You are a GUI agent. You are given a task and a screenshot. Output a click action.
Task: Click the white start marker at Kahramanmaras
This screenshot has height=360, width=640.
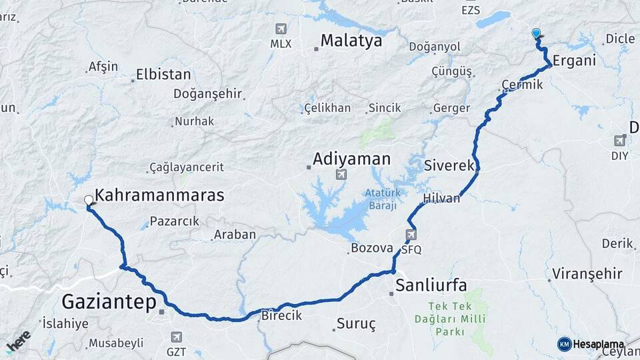pyautogui.click(x=89, y=199)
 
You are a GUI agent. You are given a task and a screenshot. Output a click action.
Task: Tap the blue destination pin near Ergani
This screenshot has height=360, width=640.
pyautogui.click(x=536, y=33)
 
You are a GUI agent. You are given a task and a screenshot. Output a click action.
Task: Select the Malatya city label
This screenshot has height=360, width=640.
pyautogui.click(x=351, y=41)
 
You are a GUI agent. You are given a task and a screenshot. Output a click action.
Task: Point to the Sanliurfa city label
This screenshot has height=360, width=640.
pyautogui.click(x=431, y=286)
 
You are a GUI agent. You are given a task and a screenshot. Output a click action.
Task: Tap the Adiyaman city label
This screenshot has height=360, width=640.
pyautogui.click(x=351, y=159)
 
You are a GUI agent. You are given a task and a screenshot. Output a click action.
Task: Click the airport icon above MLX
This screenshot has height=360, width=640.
pyautogui.click(x=281, y=29)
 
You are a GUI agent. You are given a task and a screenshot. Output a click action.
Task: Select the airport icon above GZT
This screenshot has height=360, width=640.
pyautogui.click(x=176, y=337)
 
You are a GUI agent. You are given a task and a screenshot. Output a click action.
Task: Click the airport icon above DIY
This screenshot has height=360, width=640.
pyautogui.click(x=620, y=140)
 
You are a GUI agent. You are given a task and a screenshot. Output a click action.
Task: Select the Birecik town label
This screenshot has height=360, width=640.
pyautogui.click(x=281, y=315)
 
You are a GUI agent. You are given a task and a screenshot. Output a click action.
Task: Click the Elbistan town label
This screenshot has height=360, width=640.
pyautogui.click(x=163, y=75)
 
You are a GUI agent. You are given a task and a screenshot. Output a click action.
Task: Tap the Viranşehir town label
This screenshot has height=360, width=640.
pyautogui.click(x=587, y=274)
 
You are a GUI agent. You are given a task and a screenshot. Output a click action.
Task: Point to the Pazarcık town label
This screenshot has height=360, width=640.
pyautogui.click(x=175, y=221)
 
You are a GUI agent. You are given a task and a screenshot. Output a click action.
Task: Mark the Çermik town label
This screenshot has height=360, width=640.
pyautogui.click(x=523, y=85)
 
